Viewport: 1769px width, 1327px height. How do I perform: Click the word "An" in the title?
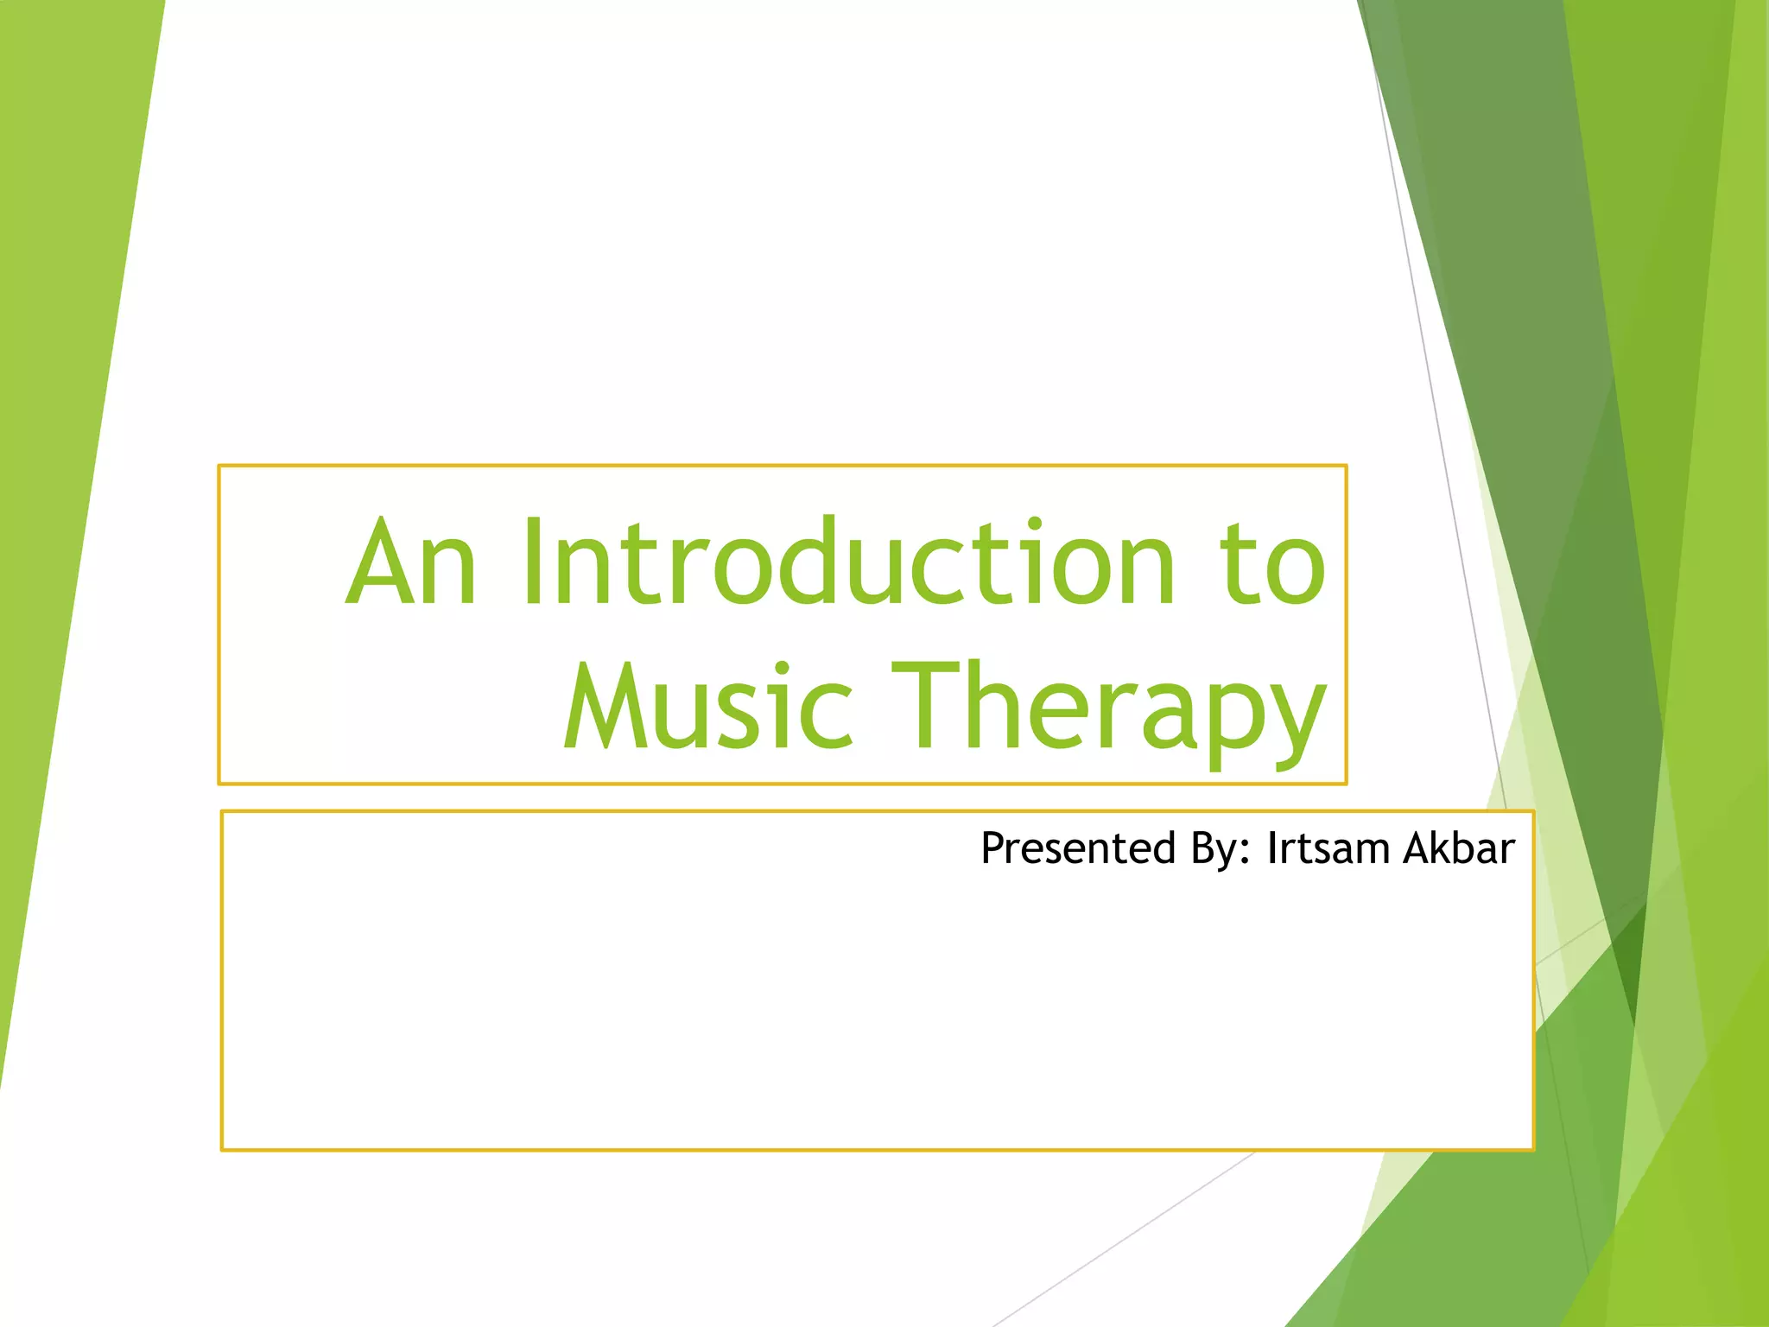pos(411,561)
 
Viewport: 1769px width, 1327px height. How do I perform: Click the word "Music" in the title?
pos(708,704)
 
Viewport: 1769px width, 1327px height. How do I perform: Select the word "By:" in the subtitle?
pos(1221,850)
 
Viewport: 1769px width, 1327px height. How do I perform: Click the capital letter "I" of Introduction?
pos(532,561)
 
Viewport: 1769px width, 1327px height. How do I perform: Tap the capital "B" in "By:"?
pos(1202,848)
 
